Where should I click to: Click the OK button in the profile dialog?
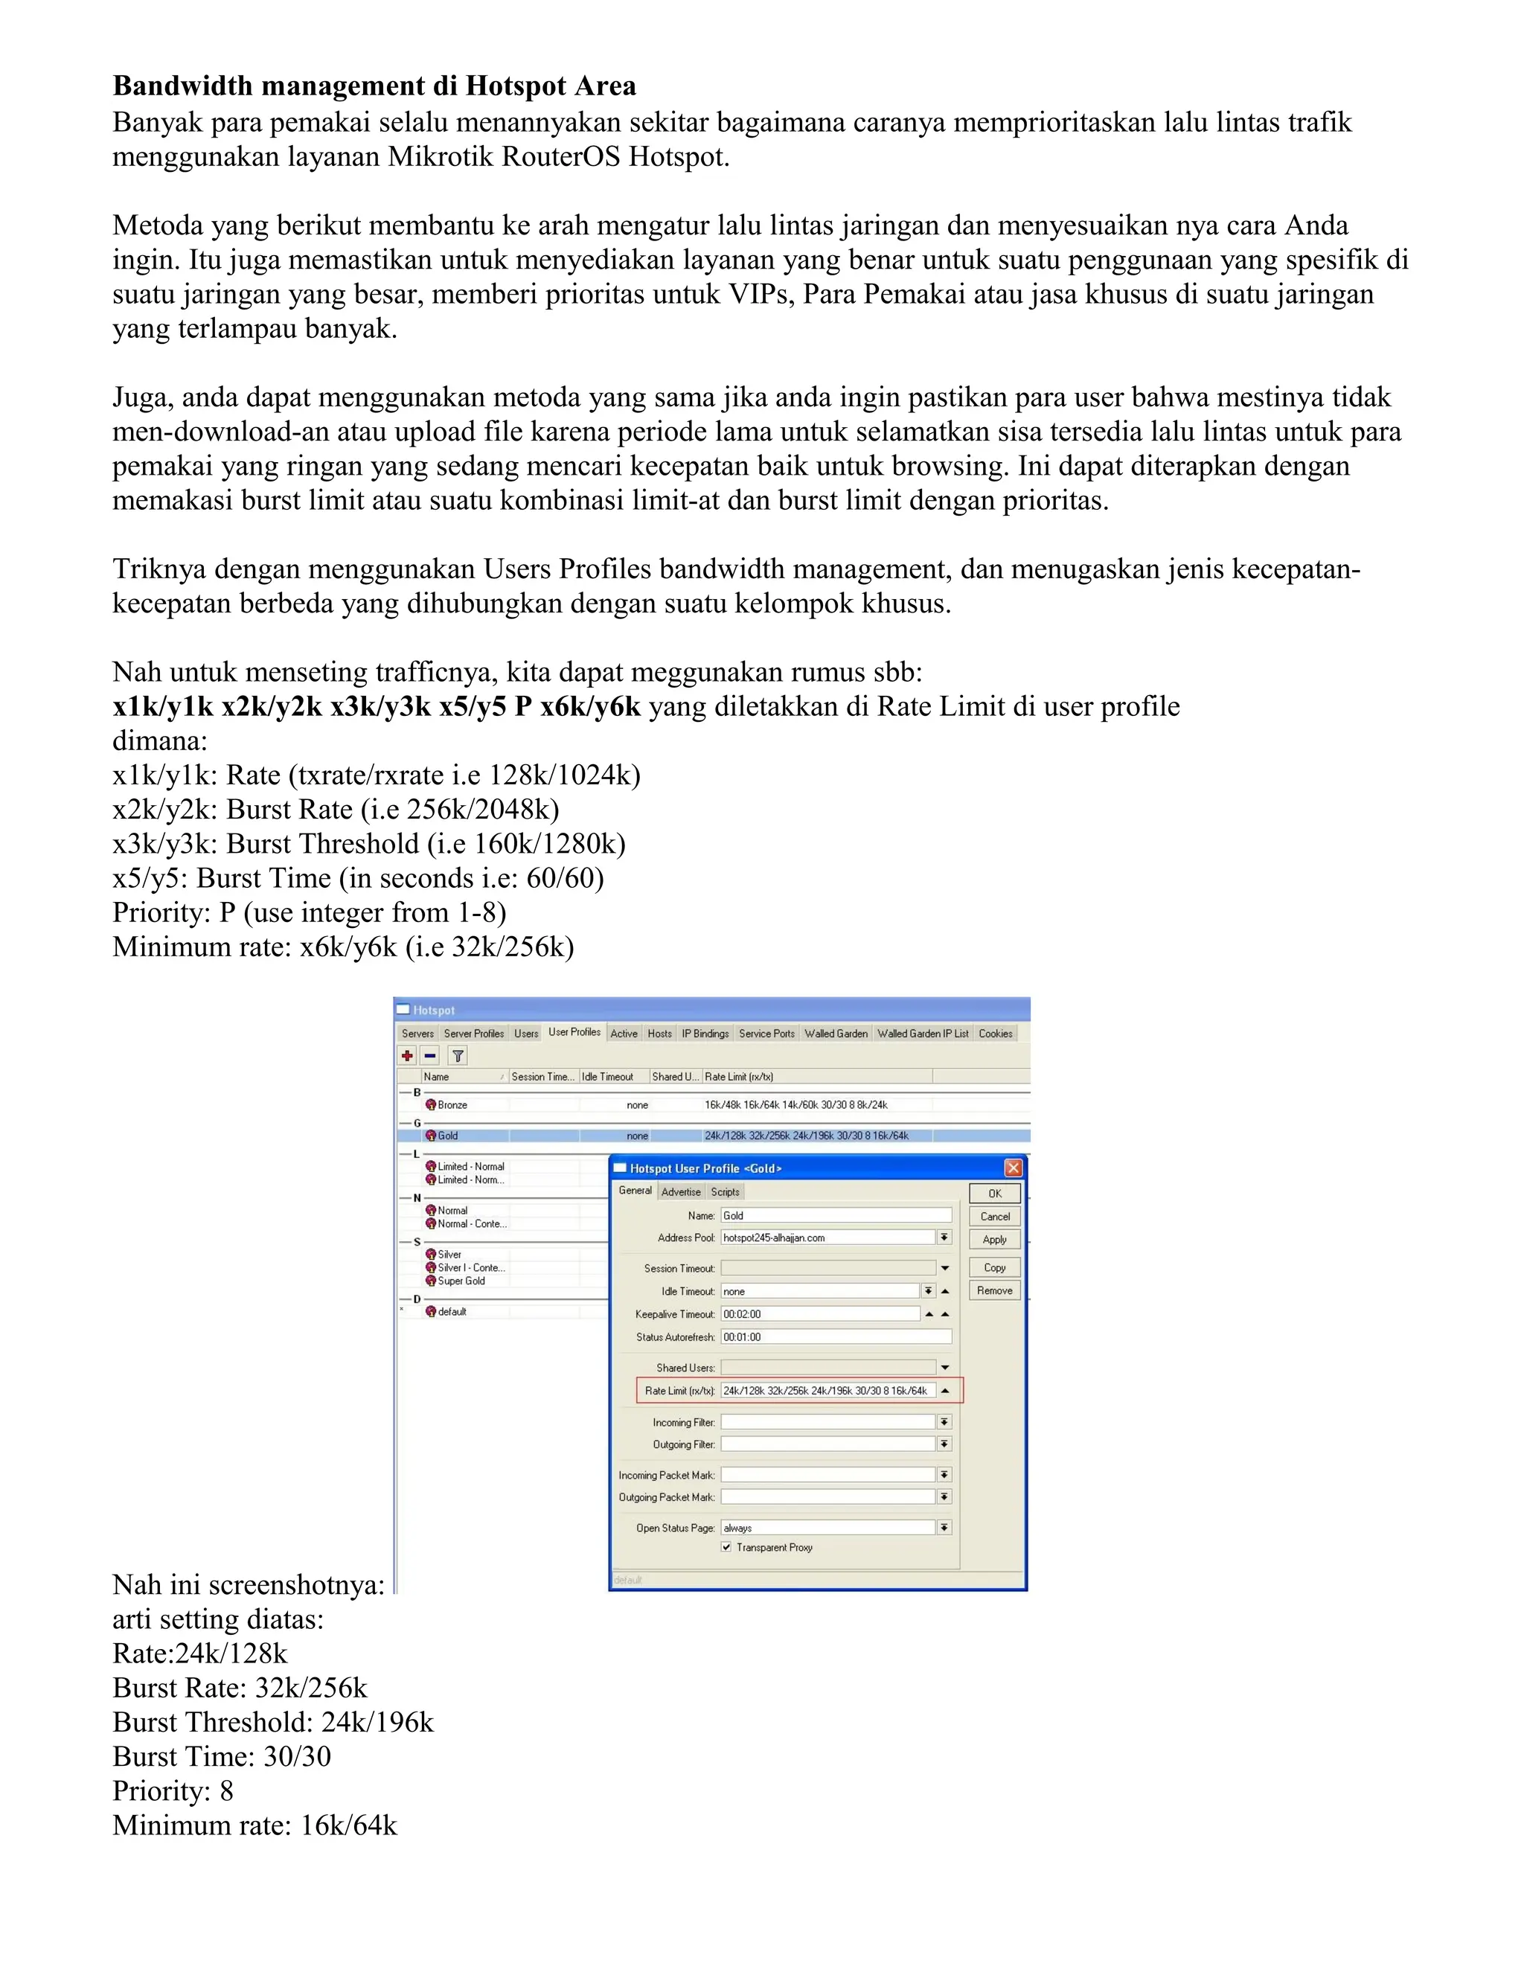pyautogui.click(x=994, y=1193)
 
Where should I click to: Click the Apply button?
pyautogui.click(x=994, y=1239)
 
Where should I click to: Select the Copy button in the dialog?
pyautogui.click(x=994, y=1267)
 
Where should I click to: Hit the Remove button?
pyautogui.click(x=994, y=1290)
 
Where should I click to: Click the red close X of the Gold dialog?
pyautogui.click(x=1013, y=1168)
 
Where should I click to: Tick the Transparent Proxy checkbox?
pyautogui.click(x=726, y=1547)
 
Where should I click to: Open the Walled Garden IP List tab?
pyautogui.click(x=922, y=1033)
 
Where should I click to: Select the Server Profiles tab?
pyautogui.click(x=473, y=1033)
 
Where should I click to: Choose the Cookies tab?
pyautogui.click(x=995, y=1033)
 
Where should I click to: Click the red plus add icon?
pyautogui.click(x=408, y=1055)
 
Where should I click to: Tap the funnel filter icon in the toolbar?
pyautogui.click(x=458, y=1055)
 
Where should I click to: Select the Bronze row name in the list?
pyautogui.click(x=452, y=1104)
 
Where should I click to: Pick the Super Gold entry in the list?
pyautogui.click(x=461, y=1281)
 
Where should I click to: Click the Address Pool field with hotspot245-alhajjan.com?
pyautogui.click(x=826, y=1237)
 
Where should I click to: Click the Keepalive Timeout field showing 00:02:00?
pyautogui.click(x=820, y=1313)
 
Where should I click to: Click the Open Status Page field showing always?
pyautogui.click(x=826, y=1528)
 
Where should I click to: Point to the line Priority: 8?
pyautogui.click(x=173, y=1790)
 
